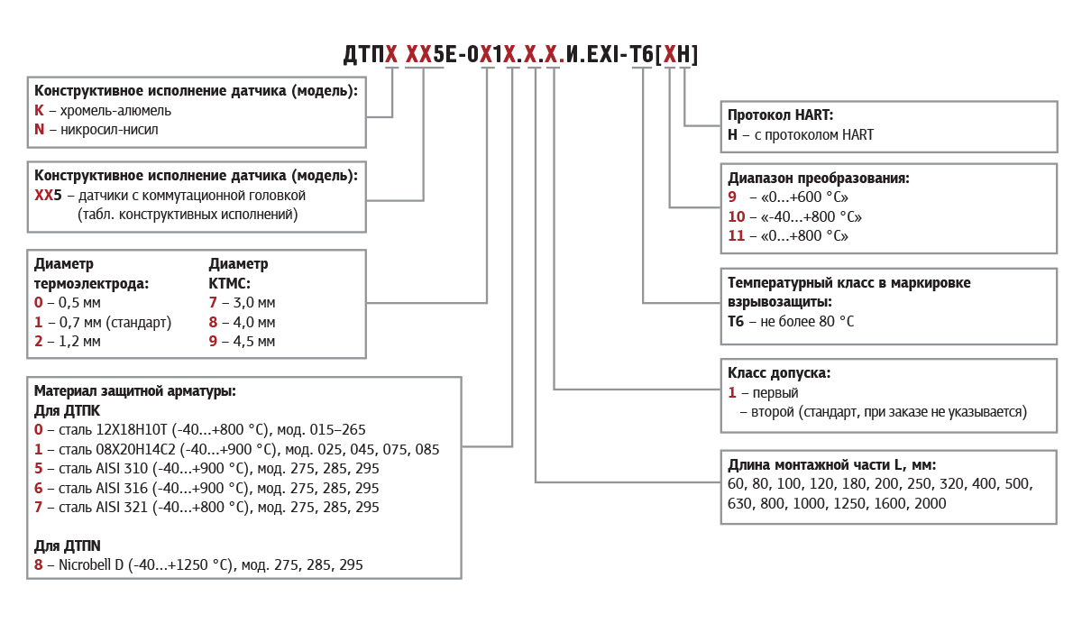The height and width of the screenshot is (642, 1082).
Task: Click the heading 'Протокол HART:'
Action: click(x=780, y=115)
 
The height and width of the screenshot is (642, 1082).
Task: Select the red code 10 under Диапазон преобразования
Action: click(x=737, y=216)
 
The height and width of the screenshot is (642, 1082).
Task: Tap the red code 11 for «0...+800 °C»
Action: click(x=737, y=236)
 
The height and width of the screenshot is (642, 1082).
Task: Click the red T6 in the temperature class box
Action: click(x=736, y=321)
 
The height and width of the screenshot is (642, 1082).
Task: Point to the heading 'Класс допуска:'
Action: click(x=779, y=372)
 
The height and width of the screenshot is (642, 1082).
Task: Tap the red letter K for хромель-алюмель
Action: click(x=39, y=110)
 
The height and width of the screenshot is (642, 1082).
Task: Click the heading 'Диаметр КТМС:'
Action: click(x=238, y=273)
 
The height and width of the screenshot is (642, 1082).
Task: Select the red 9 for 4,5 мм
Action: click(x=213, y=341)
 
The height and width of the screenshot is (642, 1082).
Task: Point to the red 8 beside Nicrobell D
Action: click(x=39, y=565)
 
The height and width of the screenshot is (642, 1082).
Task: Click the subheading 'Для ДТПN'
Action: click(x=68, y=546)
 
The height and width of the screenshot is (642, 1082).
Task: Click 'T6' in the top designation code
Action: click(x=641, y=55)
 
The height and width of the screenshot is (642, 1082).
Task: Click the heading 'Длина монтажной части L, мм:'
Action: click(x=831, y=464)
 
